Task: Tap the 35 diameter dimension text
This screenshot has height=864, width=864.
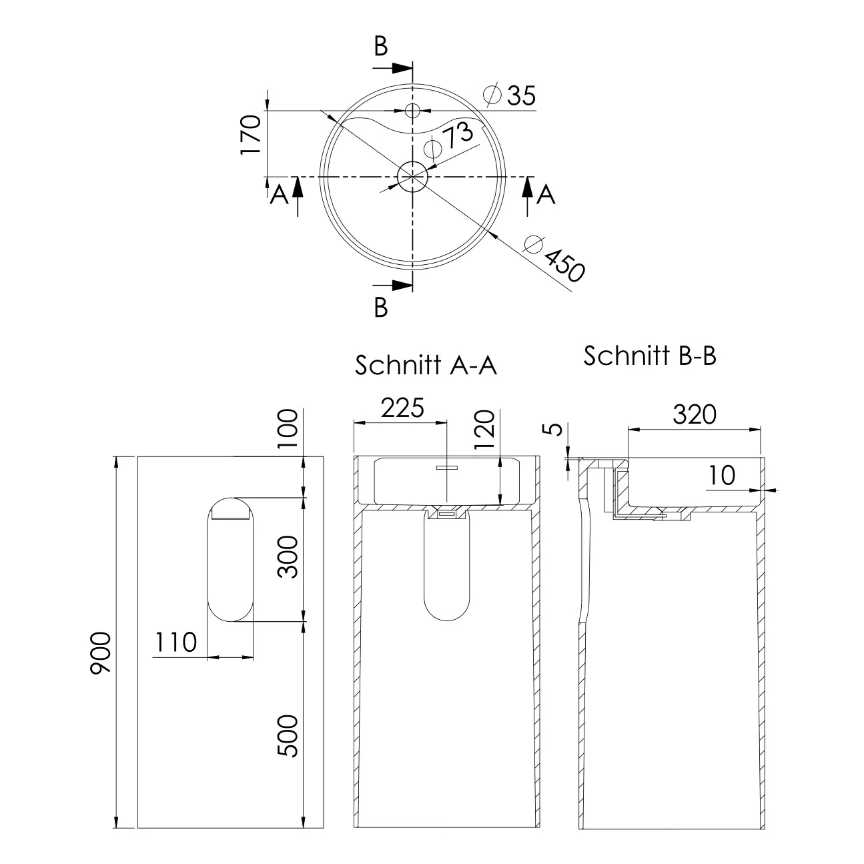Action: tap(510, 95)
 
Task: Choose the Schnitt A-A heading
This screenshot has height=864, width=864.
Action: tap(426, 365)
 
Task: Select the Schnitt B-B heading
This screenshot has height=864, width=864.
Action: tap(650, 356)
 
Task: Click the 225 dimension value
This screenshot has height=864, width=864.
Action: tap(402, 408)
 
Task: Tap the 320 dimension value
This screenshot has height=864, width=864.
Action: tap(694, 414)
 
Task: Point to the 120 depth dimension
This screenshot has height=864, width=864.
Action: tap(484, 429)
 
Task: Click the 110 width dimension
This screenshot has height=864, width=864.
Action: tap(175, 642)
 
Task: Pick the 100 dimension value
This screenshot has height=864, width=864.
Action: tap(288, 428)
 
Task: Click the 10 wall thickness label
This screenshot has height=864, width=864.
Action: tap(721, 475)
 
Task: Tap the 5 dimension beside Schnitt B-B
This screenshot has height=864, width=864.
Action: tap(555, 428)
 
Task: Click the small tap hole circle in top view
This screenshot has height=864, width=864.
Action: tap(412, 110)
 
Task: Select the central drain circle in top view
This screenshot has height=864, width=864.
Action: tap(412, 177)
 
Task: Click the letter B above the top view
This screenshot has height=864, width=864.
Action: tap(381, 47)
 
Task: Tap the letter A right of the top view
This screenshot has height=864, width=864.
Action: tap(546, 195)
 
